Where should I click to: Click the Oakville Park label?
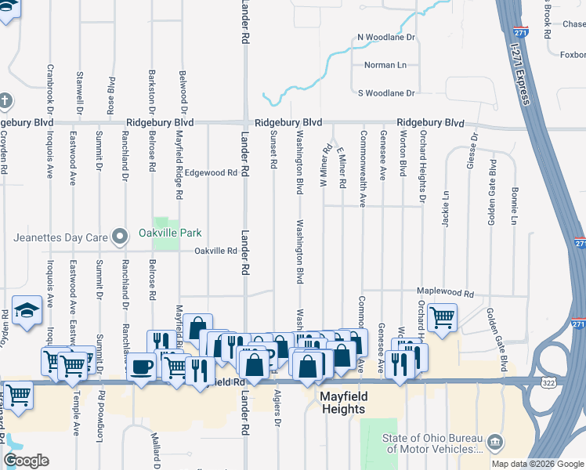pos(170,233)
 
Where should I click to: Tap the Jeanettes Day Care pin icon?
pos(119,234)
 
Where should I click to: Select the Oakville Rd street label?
pos(216,251)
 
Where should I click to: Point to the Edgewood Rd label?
pos(211,172)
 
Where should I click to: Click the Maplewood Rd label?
pos(446,294)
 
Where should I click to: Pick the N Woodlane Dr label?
pos(385,38)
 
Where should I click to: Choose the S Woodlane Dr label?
pos(385,93)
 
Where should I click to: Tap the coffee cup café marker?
pos(142,367)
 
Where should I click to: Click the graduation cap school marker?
pos(27,309)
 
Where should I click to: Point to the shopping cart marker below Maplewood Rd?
pos(443,317)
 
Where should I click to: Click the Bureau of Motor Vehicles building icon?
pos(494,443)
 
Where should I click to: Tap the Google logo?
pos(26,461)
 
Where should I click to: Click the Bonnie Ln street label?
pos(515,204)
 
